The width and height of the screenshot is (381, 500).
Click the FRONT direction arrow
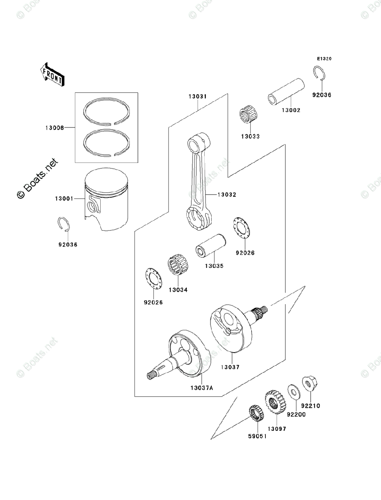click(x=52, y=74)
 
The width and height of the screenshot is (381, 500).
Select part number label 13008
click(x=55, y=128)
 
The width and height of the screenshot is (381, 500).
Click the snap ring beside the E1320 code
click(x=319, y=74)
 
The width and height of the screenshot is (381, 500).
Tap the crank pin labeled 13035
click(x=211, y=249)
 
